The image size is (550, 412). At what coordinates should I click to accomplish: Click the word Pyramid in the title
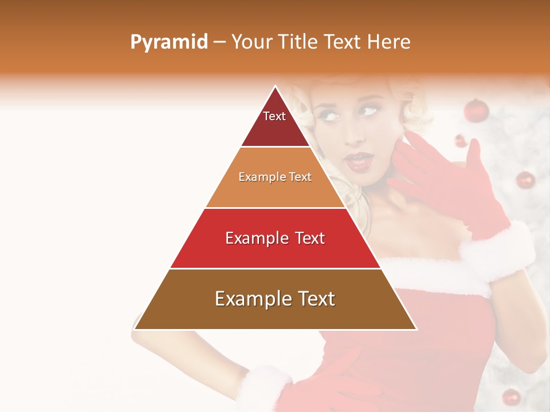tap(168, 42)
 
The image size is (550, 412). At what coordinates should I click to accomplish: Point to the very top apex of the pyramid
tap(275, 87)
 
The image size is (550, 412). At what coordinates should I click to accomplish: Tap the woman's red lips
tap(359, 162)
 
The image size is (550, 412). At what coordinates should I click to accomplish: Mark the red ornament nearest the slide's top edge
tap(476, 110)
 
